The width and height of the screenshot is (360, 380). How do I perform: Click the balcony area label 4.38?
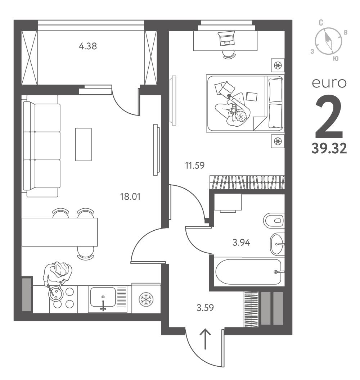(88, 46)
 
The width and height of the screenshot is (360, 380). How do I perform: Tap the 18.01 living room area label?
(130, 196)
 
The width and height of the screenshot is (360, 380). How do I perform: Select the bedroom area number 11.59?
(195, 166)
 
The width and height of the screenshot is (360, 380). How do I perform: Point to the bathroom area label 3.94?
(241, 242)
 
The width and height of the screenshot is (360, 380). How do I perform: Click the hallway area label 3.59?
(205, 308)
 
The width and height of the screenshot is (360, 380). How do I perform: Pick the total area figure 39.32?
(329, 148)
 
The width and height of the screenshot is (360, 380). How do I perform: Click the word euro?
(329, 83)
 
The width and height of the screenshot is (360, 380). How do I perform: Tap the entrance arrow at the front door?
(205, 339)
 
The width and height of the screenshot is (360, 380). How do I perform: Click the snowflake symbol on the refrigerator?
(146, 299)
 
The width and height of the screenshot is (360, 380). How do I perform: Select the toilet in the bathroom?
(274, 221)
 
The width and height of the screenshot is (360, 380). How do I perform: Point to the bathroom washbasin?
(277, 244)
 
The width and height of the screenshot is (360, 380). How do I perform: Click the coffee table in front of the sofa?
(84, 144)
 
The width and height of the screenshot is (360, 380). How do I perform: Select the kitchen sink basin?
(103, 297)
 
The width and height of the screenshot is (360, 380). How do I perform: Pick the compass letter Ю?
(336, 59)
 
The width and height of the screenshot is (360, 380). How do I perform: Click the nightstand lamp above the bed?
(278, 65)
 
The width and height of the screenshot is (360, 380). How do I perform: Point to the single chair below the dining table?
(86, 253)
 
